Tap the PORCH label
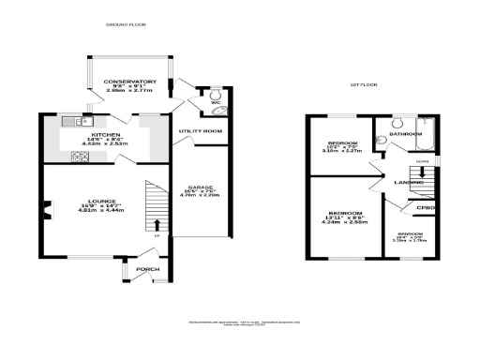click(x=147, y=269)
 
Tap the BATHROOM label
click(x=407, y=134)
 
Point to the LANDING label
click(x=407, y=182)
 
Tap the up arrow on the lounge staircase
click(x=156, y=224)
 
